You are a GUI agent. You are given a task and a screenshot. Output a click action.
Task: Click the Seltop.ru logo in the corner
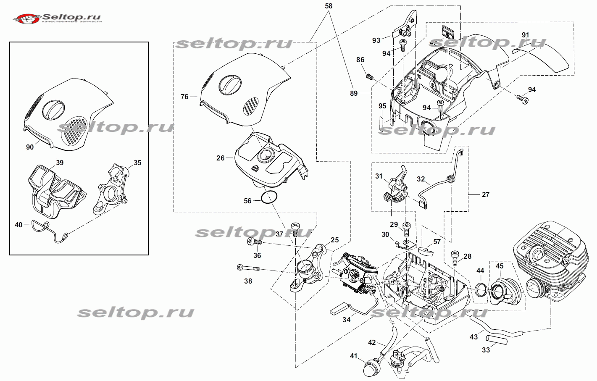pos(57,18)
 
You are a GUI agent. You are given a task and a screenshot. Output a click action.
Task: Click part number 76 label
pos(184,97)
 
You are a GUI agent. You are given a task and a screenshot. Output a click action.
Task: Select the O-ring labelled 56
pos(269,197)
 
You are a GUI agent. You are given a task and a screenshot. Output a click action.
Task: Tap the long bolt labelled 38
pos(248,268)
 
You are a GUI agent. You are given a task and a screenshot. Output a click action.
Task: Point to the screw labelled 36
pos(255,242)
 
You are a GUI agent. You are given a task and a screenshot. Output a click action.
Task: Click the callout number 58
pos(329,6)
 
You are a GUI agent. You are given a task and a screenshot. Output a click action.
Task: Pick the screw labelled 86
pos(369,76)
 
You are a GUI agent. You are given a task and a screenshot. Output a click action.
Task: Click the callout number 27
pos(486,194)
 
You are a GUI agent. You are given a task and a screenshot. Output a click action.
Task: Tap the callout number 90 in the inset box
pos(30,147)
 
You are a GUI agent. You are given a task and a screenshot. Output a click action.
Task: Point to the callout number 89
pos(354,93)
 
